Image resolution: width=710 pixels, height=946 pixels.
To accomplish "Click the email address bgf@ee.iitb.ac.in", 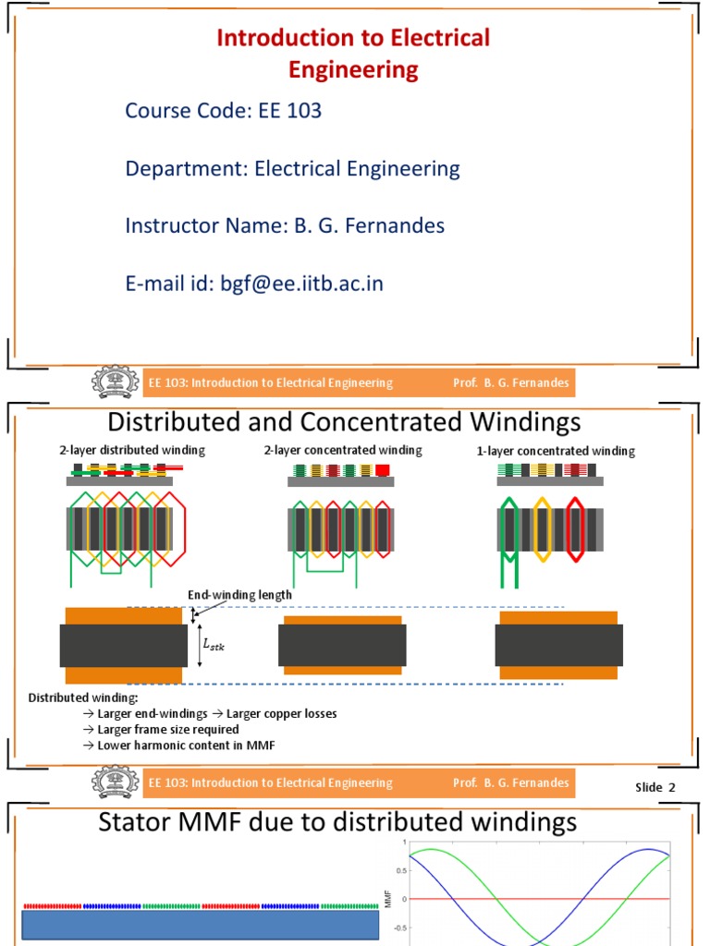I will (x=300, y=284).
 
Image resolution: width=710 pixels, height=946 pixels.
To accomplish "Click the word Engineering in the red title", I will (x=353, y=69).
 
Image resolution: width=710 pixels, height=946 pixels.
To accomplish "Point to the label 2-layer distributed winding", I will (x=132, y=450).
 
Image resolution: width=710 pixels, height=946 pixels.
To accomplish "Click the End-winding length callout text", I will (x=239, y=595).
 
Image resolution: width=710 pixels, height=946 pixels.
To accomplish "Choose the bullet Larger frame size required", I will (x=167, y=729).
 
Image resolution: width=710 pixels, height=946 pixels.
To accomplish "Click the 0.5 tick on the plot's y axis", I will (x=398, y=870).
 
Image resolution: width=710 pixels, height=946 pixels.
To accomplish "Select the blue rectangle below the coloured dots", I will (x=200, y=928).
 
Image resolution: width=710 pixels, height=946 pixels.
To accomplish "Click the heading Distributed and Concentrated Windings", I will (x=344, y=422).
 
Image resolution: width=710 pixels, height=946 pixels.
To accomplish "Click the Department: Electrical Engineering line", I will (x=292, y=169).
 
